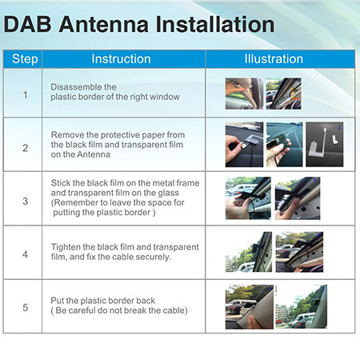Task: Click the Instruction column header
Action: pos(121,59)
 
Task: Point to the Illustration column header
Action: pos(274,59)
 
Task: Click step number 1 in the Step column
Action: pos(24,94)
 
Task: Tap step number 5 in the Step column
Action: pos(24,306)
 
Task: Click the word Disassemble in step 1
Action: pos(77,86)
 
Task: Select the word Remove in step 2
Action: pos(67,135)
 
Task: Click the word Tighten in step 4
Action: pos(67,246)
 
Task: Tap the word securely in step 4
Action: pos(158,257)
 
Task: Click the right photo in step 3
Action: pos(297,198)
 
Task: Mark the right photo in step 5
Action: pos(302,306)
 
